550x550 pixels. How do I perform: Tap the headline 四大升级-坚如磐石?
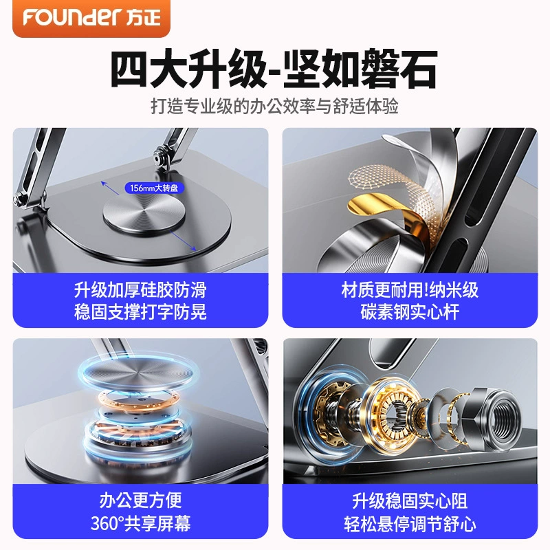click(x=274, y=69)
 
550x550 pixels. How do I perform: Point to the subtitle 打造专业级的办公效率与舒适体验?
click(x=274, y=106)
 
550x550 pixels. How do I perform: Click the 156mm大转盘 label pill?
click(x=154, y=188)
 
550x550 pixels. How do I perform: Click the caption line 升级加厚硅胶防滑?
click(x=140, y=289)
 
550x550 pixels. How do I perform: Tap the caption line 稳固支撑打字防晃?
click(x=140, y=311)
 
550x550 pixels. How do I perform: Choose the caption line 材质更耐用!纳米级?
click(x=410, y=289)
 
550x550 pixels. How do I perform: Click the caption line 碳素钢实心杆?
click(x=410, y=311)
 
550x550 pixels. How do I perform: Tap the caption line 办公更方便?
click(x=140, y=500)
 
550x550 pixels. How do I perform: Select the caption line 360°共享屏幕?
click(x=140, y=522)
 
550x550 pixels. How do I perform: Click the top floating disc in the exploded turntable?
click(x=140, y=373)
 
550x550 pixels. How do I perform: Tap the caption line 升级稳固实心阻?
click(x=410, y=500)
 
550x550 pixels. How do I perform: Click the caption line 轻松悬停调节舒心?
click(x=410, y=522)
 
